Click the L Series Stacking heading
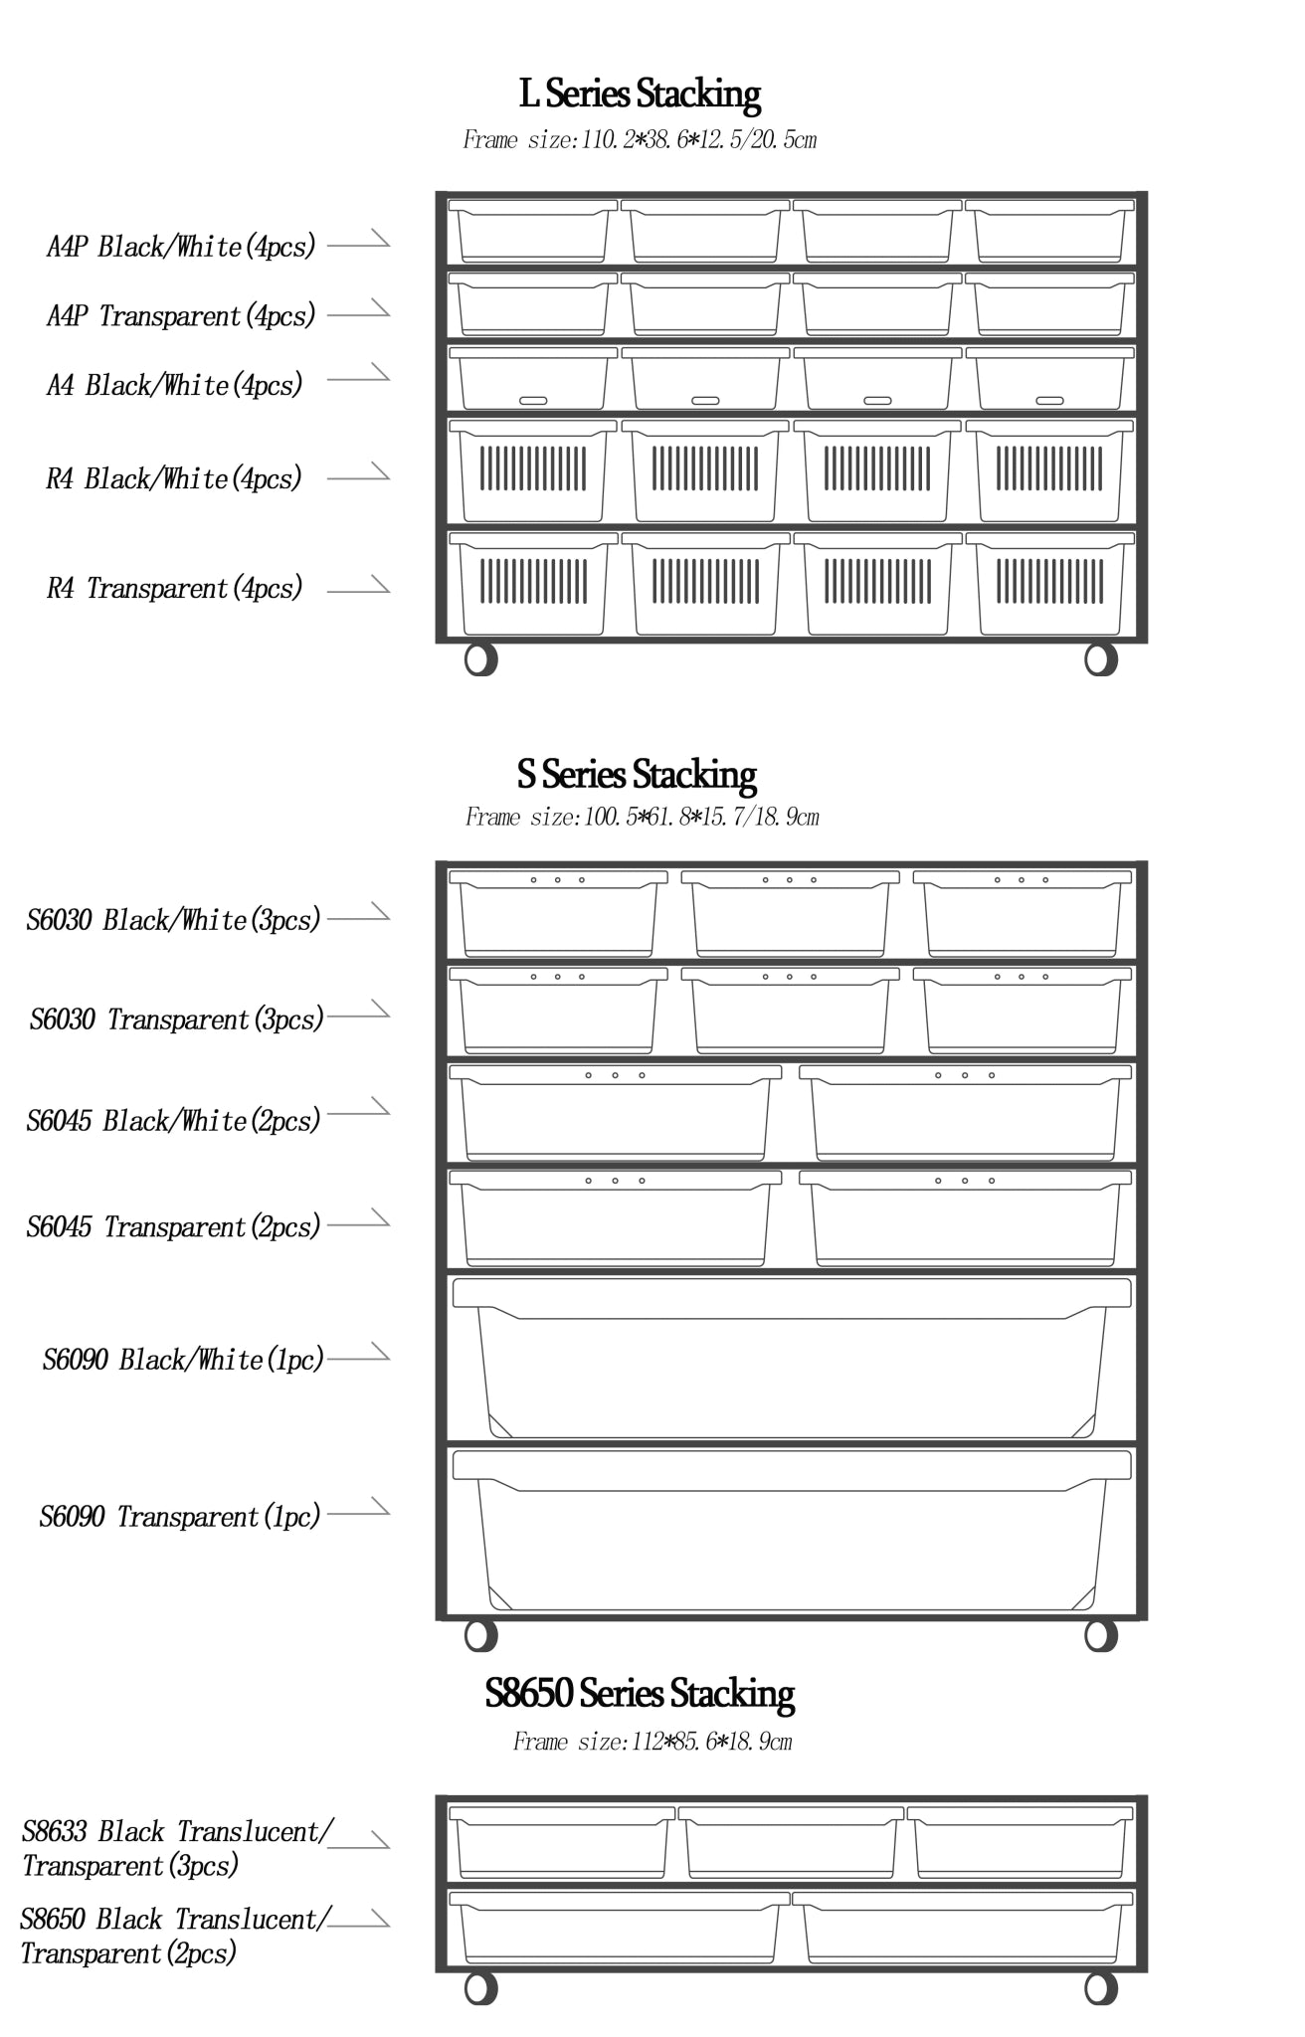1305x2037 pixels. click(x=640, y=94)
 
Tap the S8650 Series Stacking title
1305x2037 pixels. click(x=640, y=1694)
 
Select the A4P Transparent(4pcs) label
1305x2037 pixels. click(x=181, y=316)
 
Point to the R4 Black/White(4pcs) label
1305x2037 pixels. click(x=174, y=479)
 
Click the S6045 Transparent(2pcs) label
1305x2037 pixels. click(x=174, y=1227)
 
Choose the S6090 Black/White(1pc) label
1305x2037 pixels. click(x=183, y=1360)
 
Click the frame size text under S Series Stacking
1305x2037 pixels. click(x=642, y=818)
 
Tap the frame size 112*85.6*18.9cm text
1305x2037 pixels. click(x=652, y=1742)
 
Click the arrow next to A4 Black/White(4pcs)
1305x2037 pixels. click(x=359, y=375)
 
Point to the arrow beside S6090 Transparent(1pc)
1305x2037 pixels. click(x=359, y=1511)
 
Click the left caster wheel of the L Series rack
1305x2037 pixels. click(x=480, y=659)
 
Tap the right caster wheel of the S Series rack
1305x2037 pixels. click(x=1100, y=1635)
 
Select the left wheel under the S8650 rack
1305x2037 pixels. click(x=480, y=1988)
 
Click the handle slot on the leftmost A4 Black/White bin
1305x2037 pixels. click(x=533, y=400)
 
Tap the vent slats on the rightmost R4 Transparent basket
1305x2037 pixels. click(x=1049, y=581)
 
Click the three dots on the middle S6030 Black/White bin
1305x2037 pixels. click(x=789, y=880)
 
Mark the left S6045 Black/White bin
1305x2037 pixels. click(x=615, y=1113)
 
